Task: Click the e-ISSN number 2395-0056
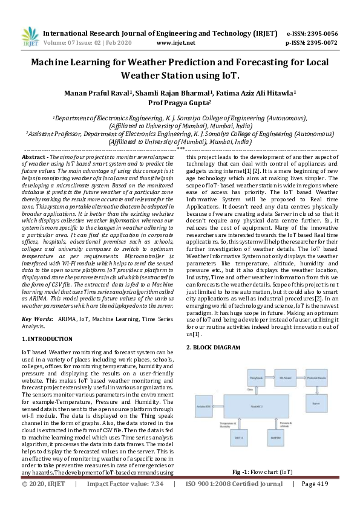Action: [x=321, y=33]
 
